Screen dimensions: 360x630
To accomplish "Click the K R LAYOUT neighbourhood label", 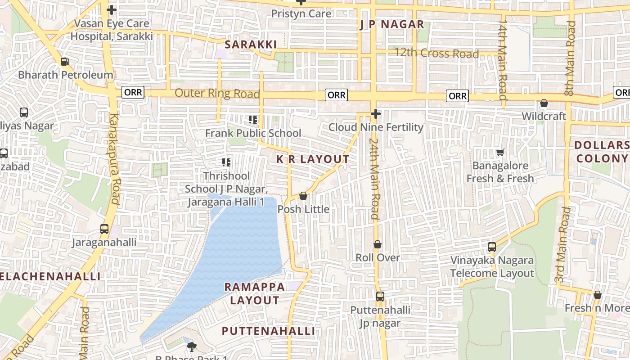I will (x=313, y=159).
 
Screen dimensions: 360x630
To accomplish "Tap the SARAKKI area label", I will (x=251, y=44).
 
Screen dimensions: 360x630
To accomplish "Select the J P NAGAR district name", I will (x=391, y=25).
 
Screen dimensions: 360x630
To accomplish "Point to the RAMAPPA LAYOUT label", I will (x=255, y=293).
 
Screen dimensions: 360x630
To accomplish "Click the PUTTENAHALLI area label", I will (x=268, y=331).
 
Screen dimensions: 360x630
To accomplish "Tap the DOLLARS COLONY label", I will (x=602, y=152).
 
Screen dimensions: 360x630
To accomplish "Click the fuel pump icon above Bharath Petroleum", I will (x=65, y=61).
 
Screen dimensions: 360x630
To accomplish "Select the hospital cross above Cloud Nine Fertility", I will (x=376, y=114).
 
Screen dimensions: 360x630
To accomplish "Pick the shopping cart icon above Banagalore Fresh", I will (x=500, y=153).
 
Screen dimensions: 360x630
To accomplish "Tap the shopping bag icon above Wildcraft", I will (x=544, y=103).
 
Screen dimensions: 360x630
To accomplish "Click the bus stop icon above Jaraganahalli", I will (x=104, y=229).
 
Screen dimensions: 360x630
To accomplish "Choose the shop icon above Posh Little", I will (x=303, y=196).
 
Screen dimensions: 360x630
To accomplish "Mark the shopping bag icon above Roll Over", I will (x=378, y=244).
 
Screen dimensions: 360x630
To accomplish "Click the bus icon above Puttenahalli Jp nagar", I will (x=380, y=297).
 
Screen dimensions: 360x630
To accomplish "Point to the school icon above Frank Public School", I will (x=253, y=120).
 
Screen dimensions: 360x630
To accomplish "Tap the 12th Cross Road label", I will (x=436, y=54).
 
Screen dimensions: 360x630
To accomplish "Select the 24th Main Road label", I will (x=374, y=178).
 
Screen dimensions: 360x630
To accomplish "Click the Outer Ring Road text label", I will (x=217, y=93).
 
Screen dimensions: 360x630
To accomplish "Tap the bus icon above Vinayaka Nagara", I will (x=492, y=247).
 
